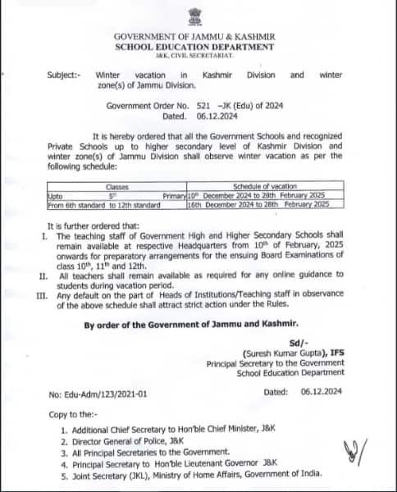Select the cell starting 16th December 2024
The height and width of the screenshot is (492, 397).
click(258, 203)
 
